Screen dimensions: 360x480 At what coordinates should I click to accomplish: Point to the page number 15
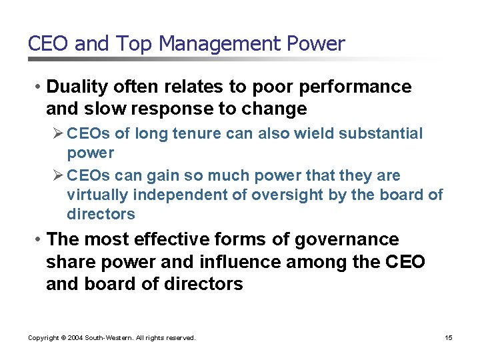(449, 338)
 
